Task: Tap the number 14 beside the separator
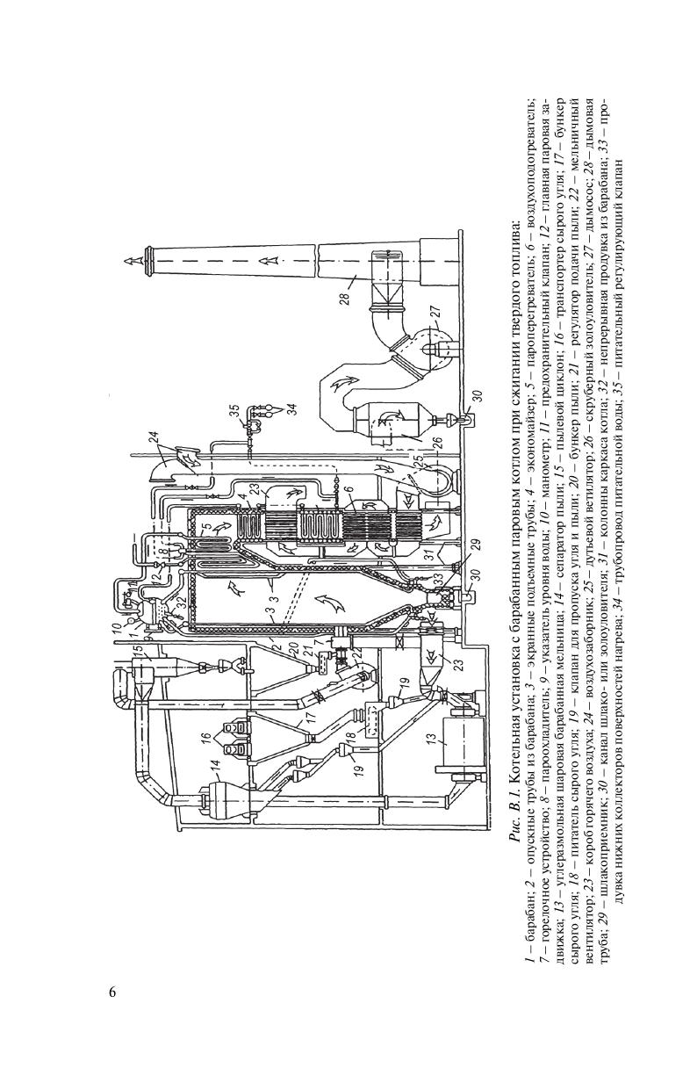point(215,774)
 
